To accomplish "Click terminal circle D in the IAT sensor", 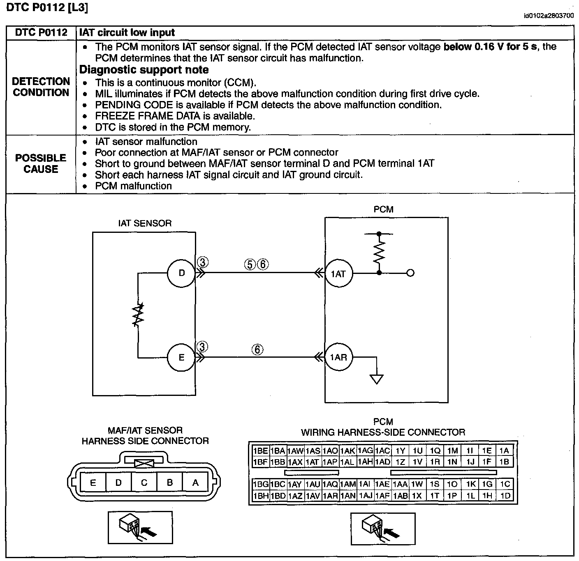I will pyautogui.click(x=181, y=273).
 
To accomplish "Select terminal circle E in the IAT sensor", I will pyautogui.click(x=181, y=357).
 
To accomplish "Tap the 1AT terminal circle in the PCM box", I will pyautogui.click(x=338, y=274).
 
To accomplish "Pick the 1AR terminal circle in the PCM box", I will pyautogui.click(x=338, y=357).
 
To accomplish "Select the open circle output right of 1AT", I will pyautogui.click(x=410, y=273).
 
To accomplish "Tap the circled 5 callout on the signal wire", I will pyautogui.click(x=250, y=264).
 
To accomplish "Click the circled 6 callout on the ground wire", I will pyautogui.click(x=257, y=349).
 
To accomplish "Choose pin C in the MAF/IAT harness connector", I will pyautogui.click(x=144, y=483).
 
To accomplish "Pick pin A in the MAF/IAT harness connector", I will pyautogui.click(x=195, y=483).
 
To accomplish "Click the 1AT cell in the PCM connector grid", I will pyautogui.click(x=313, y=462).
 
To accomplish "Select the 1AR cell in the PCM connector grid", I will pyautogui.click(x=330, y=496).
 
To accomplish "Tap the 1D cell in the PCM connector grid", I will pyautogui.click(x=505, y=496).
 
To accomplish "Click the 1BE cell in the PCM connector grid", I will pyautogui.click(x=261, y=451).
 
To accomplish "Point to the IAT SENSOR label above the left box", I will pyautogui.click(x=145, y=223).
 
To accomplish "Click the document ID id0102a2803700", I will pyautogui.click(x=549, y=16).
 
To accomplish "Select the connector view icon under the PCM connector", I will pyautogui.click(x=383, y=528).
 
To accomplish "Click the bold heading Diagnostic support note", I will pyautogui.click(x=144, y=70).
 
